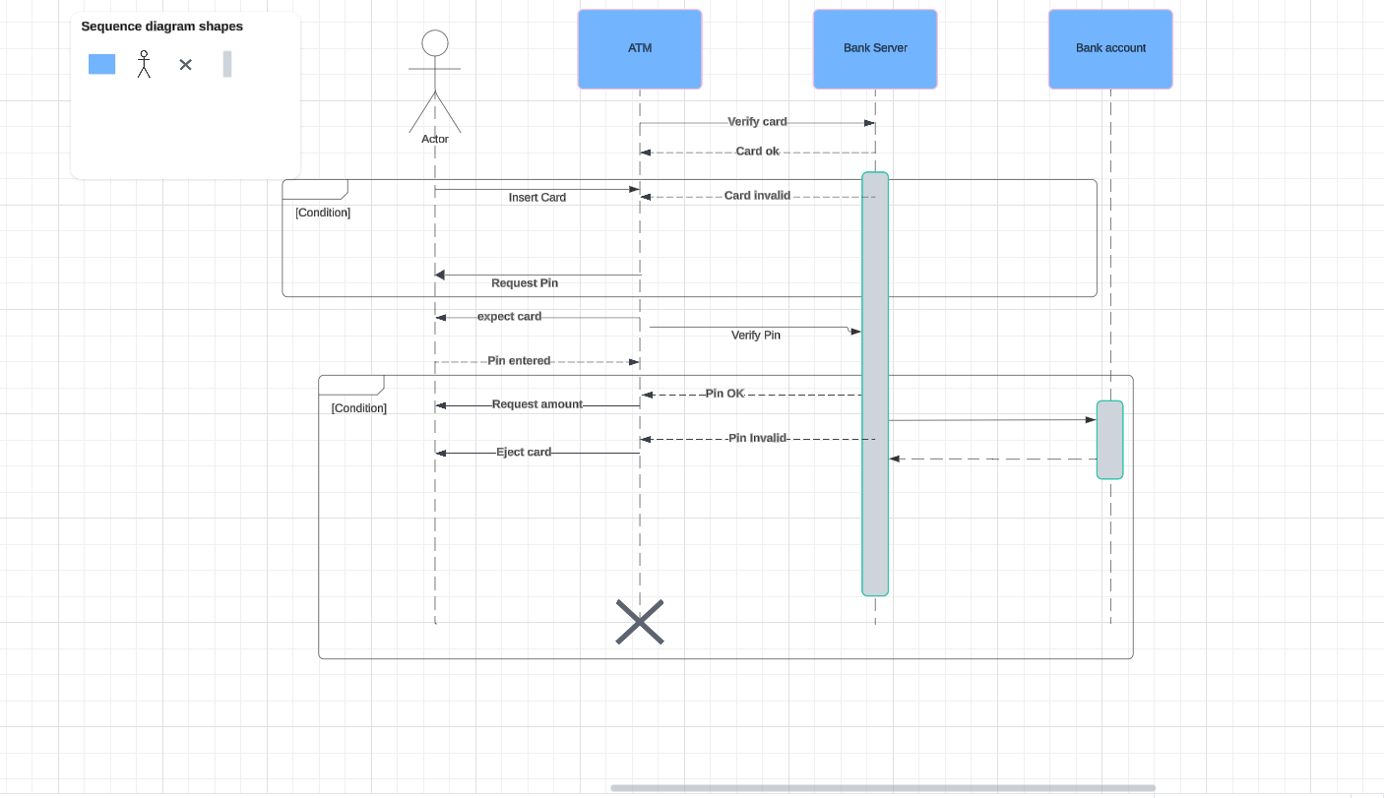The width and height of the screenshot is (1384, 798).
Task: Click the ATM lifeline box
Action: coord(639,49)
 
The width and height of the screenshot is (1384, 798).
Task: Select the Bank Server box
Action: coord(874,49)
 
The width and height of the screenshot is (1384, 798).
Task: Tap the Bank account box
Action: coord(1109,49)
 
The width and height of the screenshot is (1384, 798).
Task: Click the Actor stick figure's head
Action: coord(435,43)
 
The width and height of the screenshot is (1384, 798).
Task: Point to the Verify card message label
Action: coord(757,122)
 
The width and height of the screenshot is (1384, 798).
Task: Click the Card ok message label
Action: coord(757,152)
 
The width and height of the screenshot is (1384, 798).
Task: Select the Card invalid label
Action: coord(757,196)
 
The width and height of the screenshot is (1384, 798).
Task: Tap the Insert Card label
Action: coord(536,198)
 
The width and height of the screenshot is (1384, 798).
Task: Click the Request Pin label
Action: coord(524,283)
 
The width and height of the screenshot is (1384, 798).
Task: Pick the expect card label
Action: coord(509,317)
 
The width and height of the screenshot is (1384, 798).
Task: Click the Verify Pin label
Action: coord(755,336)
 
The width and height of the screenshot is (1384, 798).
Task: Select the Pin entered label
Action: coord(519,361)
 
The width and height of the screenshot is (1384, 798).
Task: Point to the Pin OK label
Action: coord(724,394)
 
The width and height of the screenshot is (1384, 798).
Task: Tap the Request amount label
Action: coord(536,404)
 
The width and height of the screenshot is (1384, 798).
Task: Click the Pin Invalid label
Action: coord(757,438)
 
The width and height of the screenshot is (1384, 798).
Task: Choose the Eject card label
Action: coord(523,453)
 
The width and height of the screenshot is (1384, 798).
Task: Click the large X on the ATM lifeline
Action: coord(640,622)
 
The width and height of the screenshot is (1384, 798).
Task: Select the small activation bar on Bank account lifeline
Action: coord(1109,440)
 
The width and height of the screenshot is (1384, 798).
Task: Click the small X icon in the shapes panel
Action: coord(185,65)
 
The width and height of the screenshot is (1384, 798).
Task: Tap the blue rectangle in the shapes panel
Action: coord(102,64)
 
